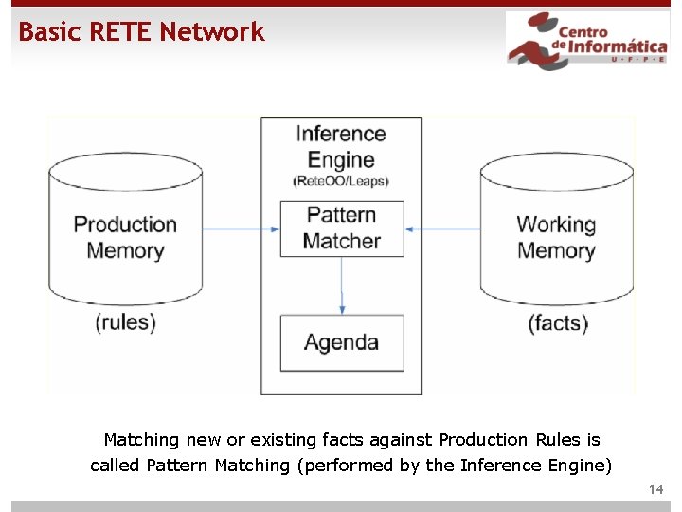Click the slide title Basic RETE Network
pyautogui.click(x=141, y=32)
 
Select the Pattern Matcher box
pyautogui.click(x=341, y=228)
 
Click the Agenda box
pyautogui.click(x=341, y=342)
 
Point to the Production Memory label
pyautogui.click(x=125, y=237)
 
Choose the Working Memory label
pyautogui.click(x=556, y=237)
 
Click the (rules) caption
pyautogui.click(x=125, y=322)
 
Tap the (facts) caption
pyautogui.click(x=557, y=323)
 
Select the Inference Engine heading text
pyautogui.click(x=341, y=147)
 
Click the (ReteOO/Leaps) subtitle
pyautogui.click(x=341, y=181)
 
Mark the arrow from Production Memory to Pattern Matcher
pyautogui.click(x=242, y=229)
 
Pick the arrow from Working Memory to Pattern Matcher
pyautogui.click(x=442, y=229)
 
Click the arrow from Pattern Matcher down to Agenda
pyautogui.click(x=342, y=284)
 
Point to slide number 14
pyautogui.click(x=656, y=489)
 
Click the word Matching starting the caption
pyautogui.click(x=140, y=440)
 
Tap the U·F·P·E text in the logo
pyautogui.click(x=624, y=59)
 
